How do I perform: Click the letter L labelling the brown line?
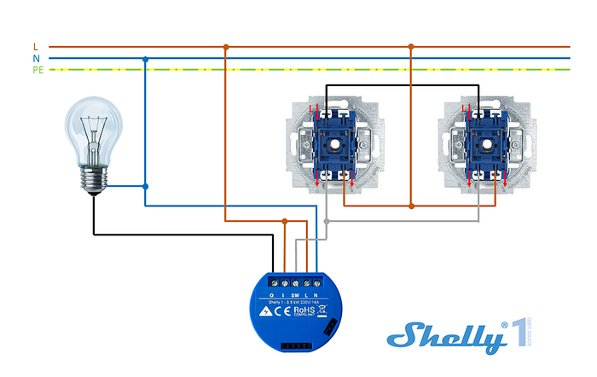tap(35, 46)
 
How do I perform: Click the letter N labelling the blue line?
tap(35, 58)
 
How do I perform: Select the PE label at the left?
tap(38, 69)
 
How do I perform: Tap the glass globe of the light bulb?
tap(92, 128)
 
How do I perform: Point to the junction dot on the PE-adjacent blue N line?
tap(146, 59)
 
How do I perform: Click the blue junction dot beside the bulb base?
tap(146, 186)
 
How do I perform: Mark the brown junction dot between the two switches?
tap(411, 206)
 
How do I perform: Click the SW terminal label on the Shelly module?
tap(294, 294)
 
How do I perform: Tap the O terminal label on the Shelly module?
tap(272, 294)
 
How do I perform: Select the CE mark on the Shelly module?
tap(282, 311)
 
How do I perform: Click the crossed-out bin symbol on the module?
tap(322, 310)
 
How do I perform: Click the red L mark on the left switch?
tap(312, 108)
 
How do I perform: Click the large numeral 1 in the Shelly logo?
tap(518, 337)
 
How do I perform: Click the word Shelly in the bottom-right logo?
tap(443, 337)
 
